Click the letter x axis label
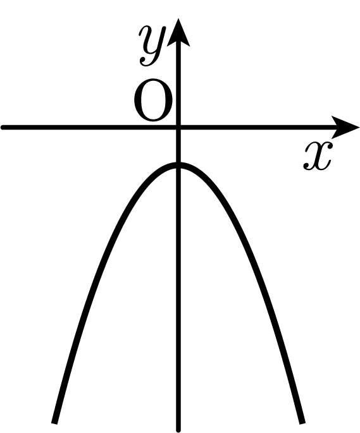(x=317, y=156)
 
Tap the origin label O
(x=153, y=101)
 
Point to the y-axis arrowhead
(x=178, y=32)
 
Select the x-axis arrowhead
(x=344, y=127)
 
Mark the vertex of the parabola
(x=178, y=165)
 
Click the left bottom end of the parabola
(x=54, y=422)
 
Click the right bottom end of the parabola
(x=303, y=422)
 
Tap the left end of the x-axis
(x=3, y=127)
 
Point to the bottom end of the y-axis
(x=178, y=430)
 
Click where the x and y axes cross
(x=178, y=127)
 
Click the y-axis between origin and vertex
(x=178, y=146)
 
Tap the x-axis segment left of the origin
(x=89, y=127)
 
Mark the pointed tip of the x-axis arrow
(x=359, y=127)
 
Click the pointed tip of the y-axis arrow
(x=178, y=19)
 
